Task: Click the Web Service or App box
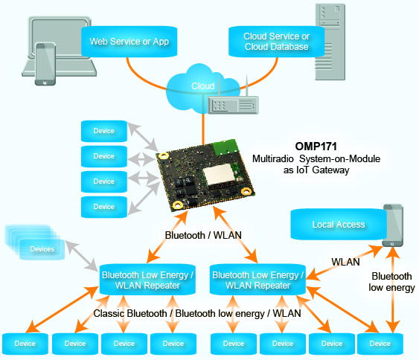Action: pyautogui.click(x=129, y=42)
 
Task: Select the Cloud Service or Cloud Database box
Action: pyautogui.click(x=277, y=42)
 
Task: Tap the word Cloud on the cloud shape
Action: pyautogui.click(x=203, y=86)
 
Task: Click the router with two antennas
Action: pyautogui.click(x=233, y=100)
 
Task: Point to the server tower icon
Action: pyautogui.click(x=330, y=42)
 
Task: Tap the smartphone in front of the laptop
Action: pyautogui.click(x=45, y=64)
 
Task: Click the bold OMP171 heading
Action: pyautogui.click(x=316, y=147)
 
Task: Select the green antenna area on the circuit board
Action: pyautogui.click(x=226, y=147)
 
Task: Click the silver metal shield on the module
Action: pyautogui.click(x=219, y=174)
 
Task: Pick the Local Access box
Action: pyautogui.click(x=339, y=225)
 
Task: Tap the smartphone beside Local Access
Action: pyautogui.click(x=392, y=225)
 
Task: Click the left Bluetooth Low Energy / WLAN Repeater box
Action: pyautogui.click(x=147, y=280)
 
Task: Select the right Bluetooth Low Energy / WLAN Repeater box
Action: pyautogui.click(x=258, y=280)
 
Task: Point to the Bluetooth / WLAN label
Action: pyautogui.click(x=203, y=235)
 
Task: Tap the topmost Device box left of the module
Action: pyautogui.click(x=104, y=131)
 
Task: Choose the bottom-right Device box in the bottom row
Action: pyautogui.click(x=380, y=344)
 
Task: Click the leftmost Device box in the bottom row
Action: pyautogui.click(x=25, y=344)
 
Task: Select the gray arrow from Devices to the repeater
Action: pyautogui.click(x=82, y=256)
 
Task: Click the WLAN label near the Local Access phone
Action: pyautogui.click(x=345, y=262)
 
